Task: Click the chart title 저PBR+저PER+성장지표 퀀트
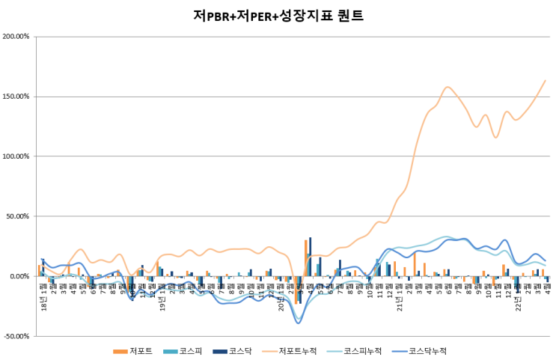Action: (278, 15)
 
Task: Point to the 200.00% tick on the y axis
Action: (16, 36)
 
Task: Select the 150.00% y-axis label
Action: (16, 96)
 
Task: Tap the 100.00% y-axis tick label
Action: (16, 156)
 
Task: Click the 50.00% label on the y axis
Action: (17, 216)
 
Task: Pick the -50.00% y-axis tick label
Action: (16, 335)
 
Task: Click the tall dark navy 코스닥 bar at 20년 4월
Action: (310, 257)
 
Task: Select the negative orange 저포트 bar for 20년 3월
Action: (296, 290)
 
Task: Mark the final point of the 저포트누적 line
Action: (545, 80)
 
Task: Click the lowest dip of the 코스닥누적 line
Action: (299, 322)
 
